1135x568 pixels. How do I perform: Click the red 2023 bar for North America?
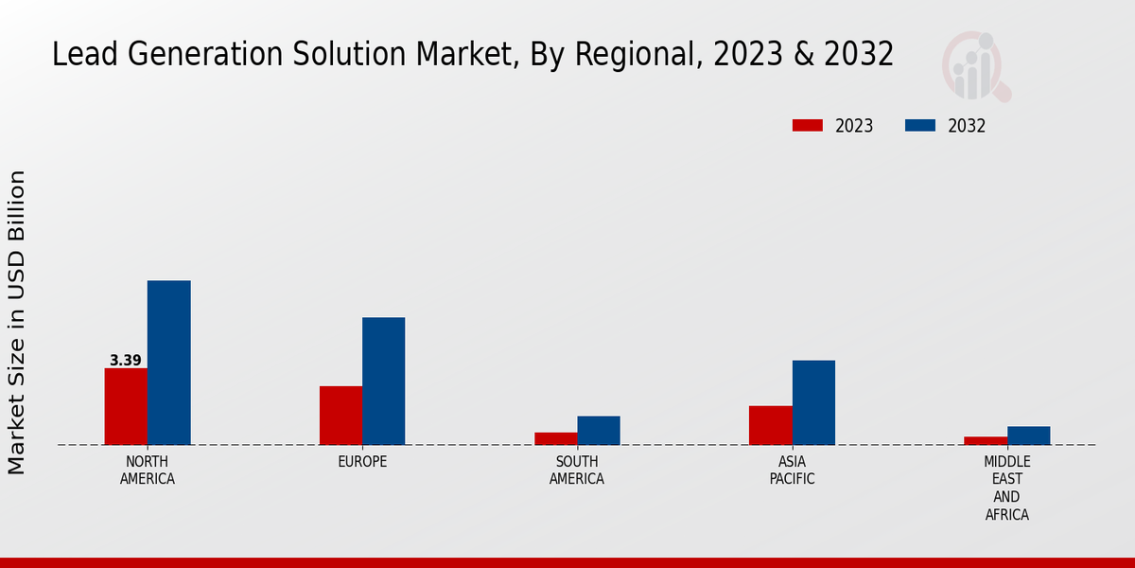[126, 406]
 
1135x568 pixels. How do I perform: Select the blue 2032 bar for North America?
[168, 363]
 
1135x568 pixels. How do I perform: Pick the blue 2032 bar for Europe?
[383, 381]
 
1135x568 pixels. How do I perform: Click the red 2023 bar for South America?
[555, 438]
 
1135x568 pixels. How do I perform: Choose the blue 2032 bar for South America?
[599, 430]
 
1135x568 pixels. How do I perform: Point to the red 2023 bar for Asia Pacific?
[770, 425]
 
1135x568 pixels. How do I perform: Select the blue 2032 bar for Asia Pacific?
[813, 402]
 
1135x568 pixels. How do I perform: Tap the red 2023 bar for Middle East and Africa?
[986, 440]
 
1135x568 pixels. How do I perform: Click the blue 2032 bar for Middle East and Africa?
[1028, 435]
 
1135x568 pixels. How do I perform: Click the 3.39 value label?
[126, 361]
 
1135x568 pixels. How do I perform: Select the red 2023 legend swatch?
[808, 126]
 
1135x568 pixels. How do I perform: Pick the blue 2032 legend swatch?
[920, 126]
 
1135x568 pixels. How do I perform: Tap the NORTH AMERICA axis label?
[148, 470]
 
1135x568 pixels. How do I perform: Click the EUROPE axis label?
[362, 462]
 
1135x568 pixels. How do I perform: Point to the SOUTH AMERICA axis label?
[577, 470]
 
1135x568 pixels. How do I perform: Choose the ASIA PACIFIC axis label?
[792, 470]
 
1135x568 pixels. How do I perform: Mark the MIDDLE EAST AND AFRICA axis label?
[1006, 488]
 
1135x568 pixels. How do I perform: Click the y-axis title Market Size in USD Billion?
[17, 322]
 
